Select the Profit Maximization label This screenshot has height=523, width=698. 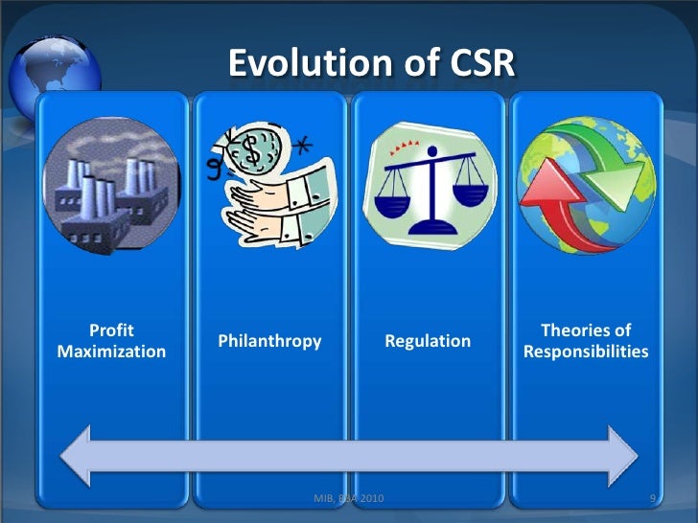click(x=111, y=341)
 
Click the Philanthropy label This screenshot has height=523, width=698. click(x=269, y=341)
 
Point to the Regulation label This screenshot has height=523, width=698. click(x=428, y=341)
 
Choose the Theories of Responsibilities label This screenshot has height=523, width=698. click(x=586, y=341)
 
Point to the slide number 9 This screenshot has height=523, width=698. click(x=652, y=499)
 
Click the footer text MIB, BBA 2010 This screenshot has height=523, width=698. click(x=350, y=499)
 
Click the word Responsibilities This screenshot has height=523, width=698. click(x=586, y=352)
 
